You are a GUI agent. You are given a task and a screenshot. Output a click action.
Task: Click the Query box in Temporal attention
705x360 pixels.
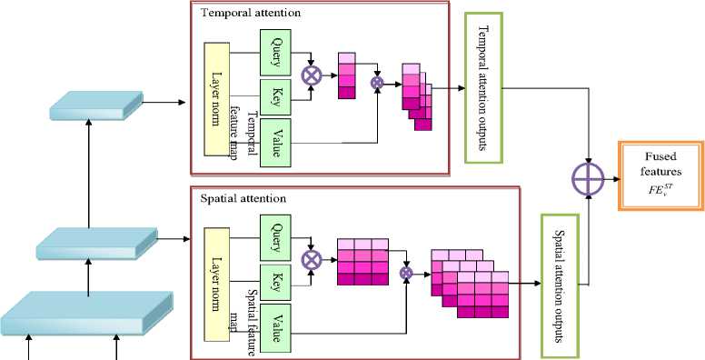tap(275, 53)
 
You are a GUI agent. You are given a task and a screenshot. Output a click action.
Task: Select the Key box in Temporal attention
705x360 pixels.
tap(275, 97)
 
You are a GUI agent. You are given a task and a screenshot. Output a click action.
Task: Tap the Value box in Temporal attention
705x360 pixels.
tap(275, 141)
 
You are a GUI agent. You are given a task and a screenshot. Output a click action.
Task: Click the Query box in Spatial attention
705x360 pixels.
tap(275, 237)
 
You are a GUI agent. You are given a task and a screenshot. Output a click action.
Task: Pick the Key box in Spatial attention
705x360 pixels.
tap(275, 283)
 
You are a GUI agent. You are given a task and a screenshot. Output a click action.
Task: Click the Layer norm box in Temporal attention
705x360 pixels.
tap(217, 99)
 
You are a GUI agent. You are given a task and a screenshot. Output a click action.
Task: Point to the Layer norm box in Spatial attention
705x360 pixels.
tap(217, 285)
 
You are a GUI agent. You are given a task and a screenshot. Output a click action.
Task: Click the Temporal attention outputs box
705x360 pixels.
tap(484, 88)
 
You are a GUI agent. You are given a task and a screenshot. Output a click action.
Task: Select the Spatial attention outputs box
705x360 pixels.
tap(561, 286)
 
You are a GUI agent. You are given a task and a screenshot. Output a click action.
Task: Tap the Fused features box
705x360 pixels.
tap(661, 176)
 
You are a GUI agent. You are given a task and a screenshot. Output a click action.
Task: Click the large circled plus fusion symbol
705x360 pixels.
tap(588, 179)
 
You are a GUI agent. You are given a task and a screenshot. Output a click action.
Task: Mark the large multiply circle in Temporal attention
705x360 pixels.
tap(311, 75)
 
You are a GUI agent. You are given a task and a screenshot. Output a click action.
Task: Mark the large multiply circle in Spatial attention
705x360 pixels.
tap(311, 260)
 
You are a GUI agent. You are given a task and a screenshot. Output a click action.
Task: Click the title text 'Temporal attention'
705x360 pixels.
tap(251, 13)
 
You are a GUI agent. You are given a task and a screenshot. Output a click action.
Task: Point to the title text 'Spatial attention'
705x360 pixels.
tap(243, 198)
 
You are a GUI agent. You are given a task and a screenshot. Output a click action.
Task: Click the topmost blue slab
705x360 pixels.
tap(96, 105)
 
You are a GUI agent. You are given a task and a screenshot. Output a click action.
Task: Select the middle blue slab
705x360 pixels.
tap(96, 244)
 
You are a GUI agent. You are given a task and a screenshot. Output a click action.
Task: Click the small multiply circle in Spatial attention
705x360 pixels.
tap(406, 272)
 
